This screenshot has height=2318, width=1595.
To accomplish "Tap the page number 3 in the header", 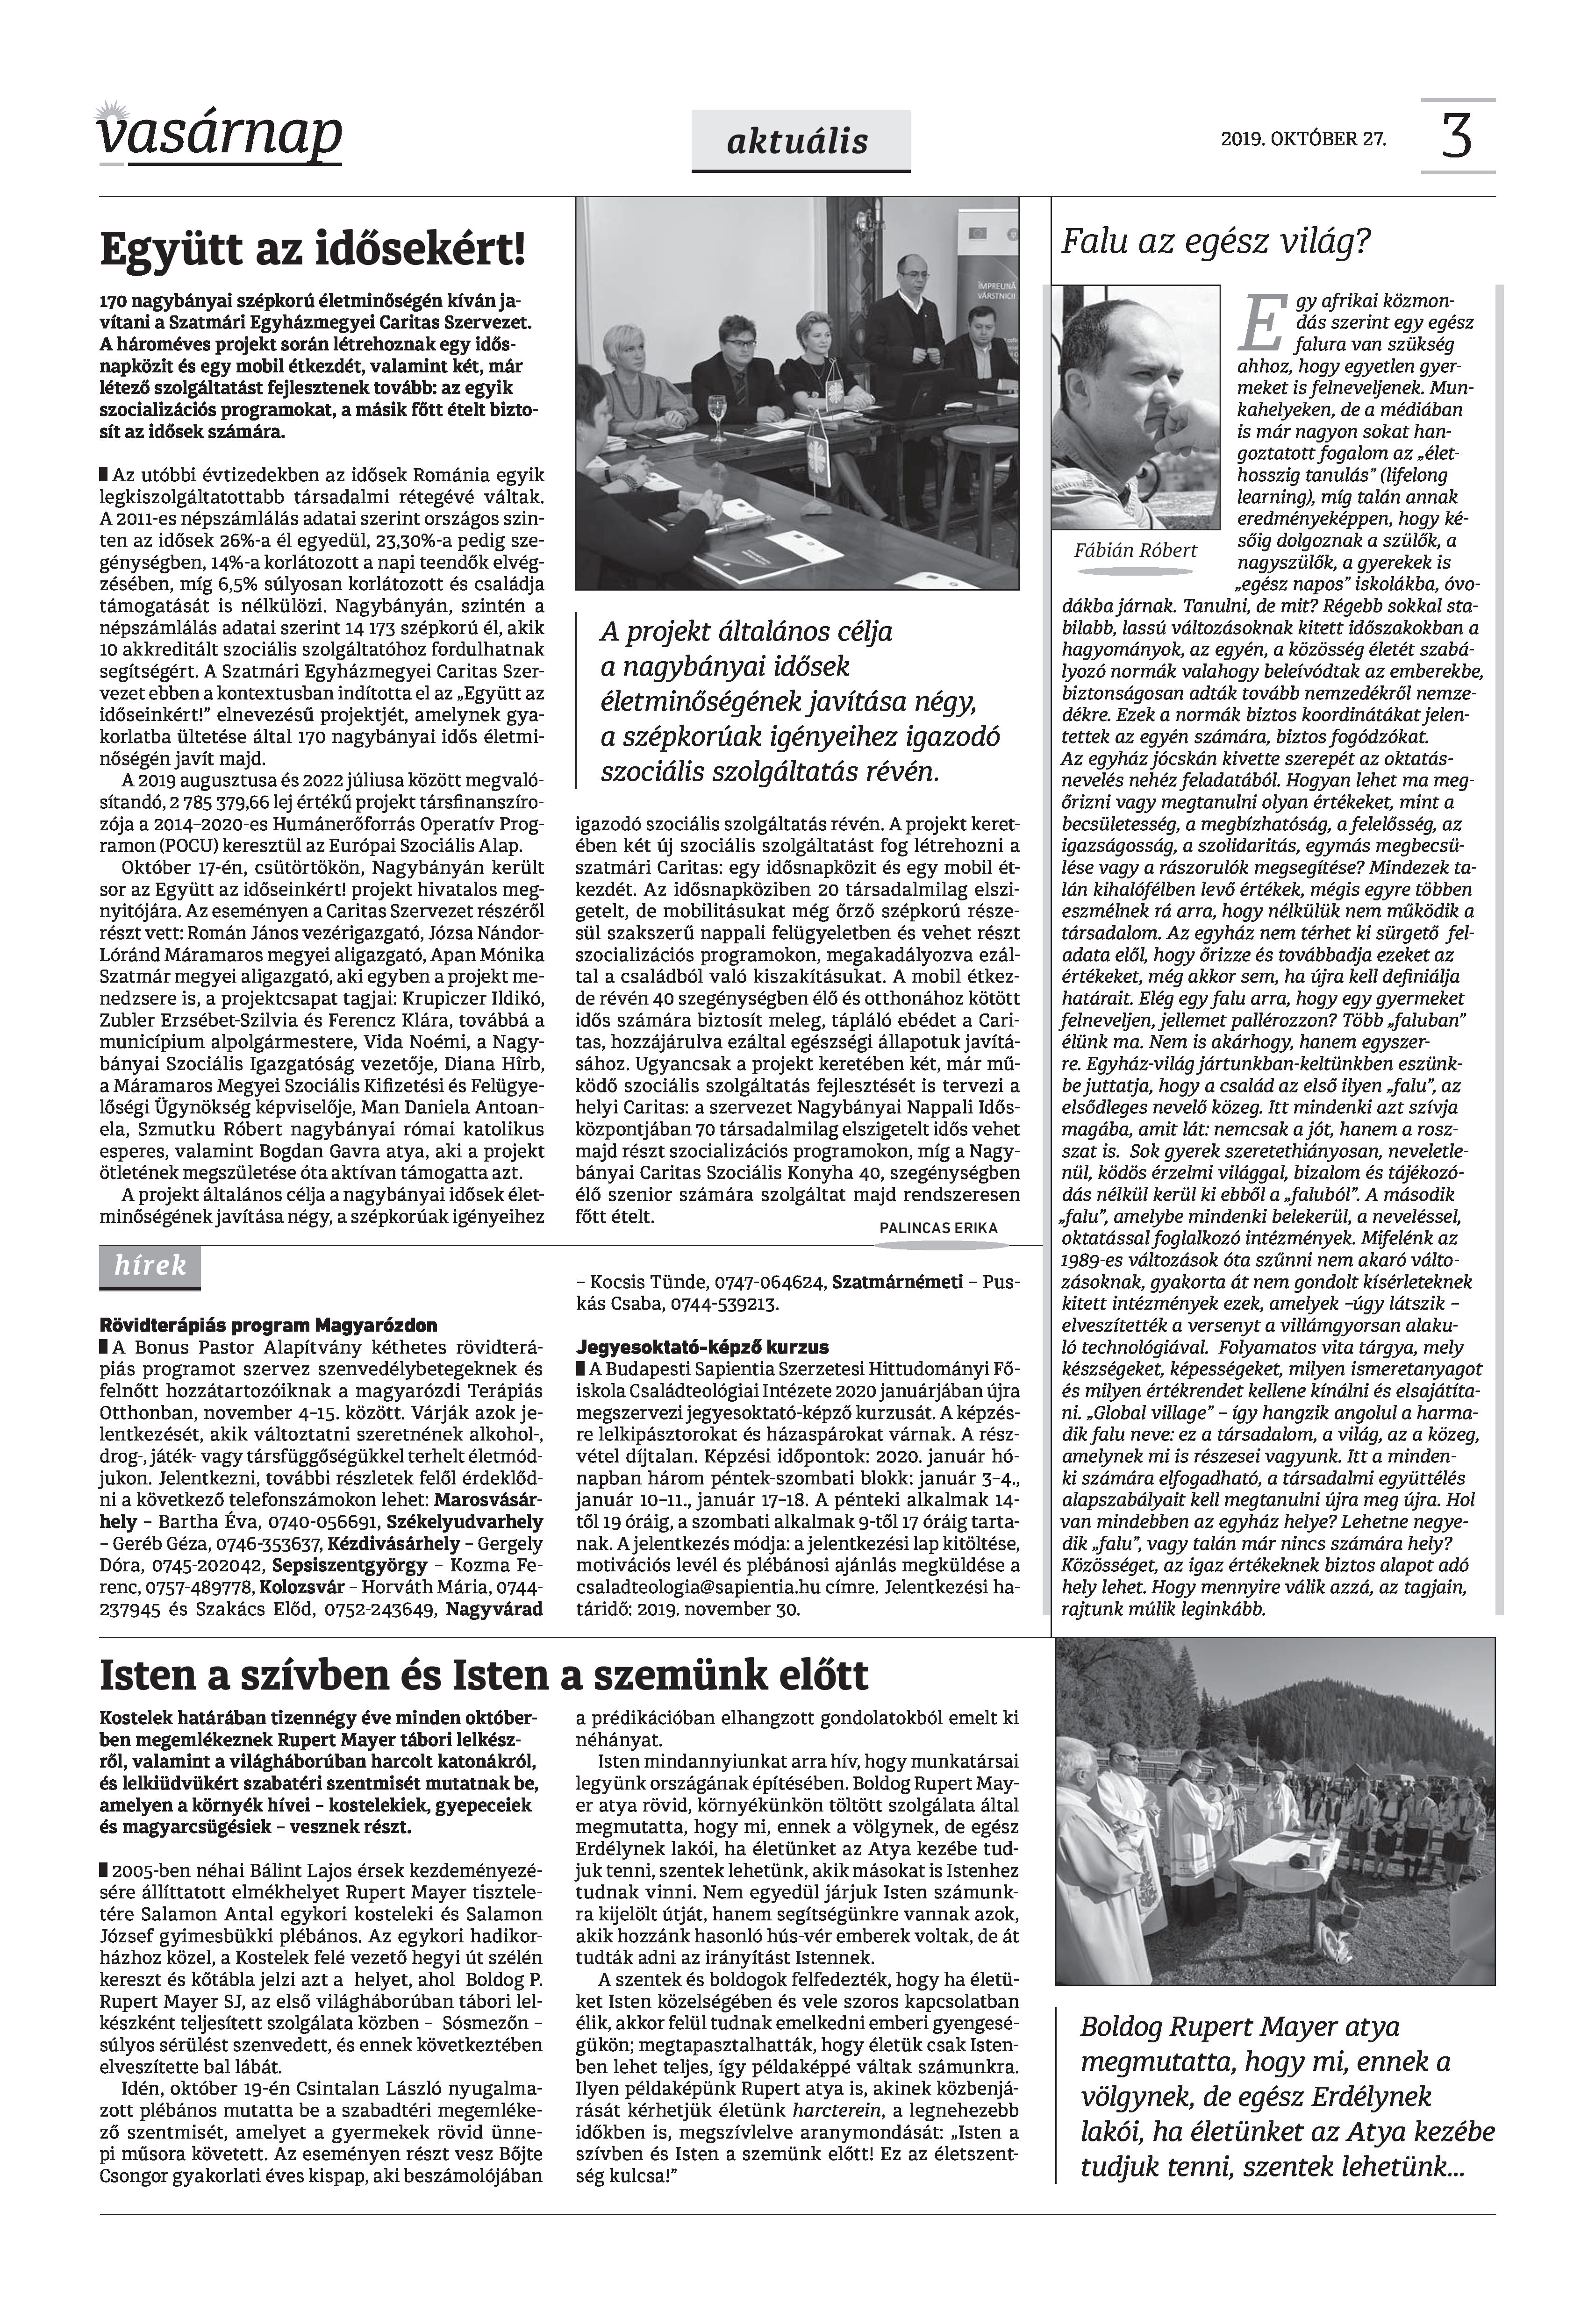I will [x=1457, y=137].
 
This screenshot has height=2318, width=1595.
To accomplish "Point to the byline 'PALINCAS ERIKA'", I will [x=938, y=1228].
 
